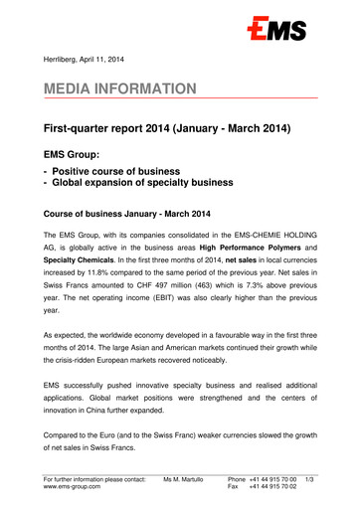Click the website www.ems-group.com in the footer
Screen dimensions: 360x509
point(78,494)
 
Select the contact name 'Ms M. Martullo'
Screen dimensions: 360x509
point(172,483)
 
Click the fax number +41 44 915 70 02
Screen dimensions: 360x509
point(269,494)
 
